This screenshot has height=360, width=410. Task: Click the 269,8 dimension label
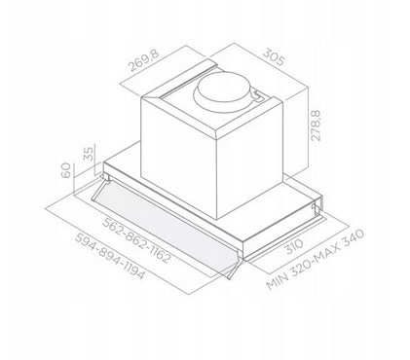click(144, 60)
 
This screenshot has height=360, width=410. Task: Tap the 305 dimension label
click(274, 56)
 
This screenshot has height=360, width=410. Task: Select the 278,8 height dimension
click(315, 126)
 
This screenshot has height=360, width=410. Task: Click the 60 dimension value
click(66, 170)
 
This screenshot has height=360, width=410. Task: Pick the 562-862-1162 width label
click(136, 240)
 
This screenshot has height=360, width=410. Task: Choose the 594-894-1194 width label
click(109, 256)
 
